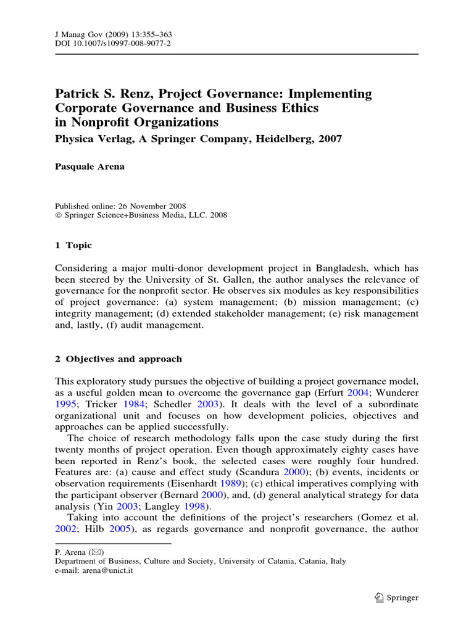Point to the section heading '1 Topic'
coord(73,245)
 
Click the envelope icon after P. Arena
coord(96,551)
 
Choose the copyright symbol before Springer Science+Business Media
coord(58,215)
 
